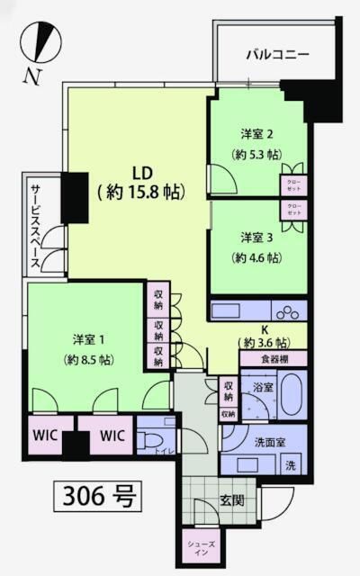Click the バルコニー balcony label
[x=278, y=55]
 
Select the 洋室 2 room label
[x=256, y=133]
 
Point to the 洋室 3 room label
[x=256, y=238]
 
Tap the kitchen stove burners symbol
[x=290, y=313]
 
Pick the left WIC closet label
[x=46, y=436]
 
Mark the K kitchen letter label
[x=264, y=329]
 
